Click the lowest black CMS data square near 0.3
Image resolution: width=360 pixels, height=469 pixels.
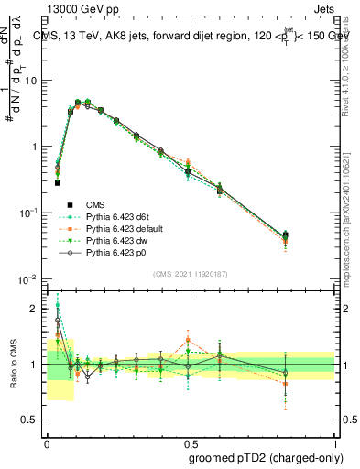58,183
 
